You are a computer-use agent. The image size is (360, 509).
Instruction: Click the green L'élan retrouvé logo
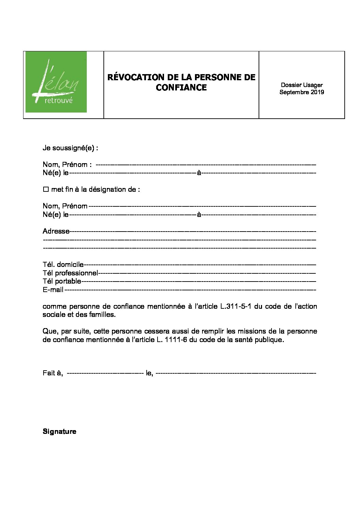(56, 82)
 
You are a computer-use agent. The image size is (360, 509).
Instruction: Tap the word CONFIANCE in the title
(181, 87)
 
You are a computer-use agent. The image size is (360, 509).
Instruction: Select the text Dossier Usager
(301, 85)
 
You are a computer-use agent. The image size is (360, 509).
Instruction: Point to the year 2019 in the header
(317, 92)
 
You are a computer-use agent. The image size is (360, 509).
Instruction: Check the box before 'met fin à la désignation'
(46, 189)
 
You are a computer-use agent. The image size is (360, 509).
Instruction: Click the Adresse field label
(56, 231)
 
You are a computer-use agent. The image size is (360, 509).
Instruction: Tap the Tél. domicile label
(63, 265)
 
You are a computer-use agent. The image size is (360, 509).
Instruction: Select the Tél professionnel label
(70, 273)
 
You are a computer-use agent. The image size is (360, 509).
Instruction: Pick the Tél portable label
(62, 281)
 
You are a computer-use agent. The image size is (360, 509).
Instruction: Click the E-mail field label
(53, 290)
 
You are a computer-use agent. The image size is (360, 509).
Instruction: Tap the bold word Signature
(60, 431)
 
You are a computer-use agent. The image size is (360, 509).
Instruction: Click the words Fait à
(53, 373)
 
